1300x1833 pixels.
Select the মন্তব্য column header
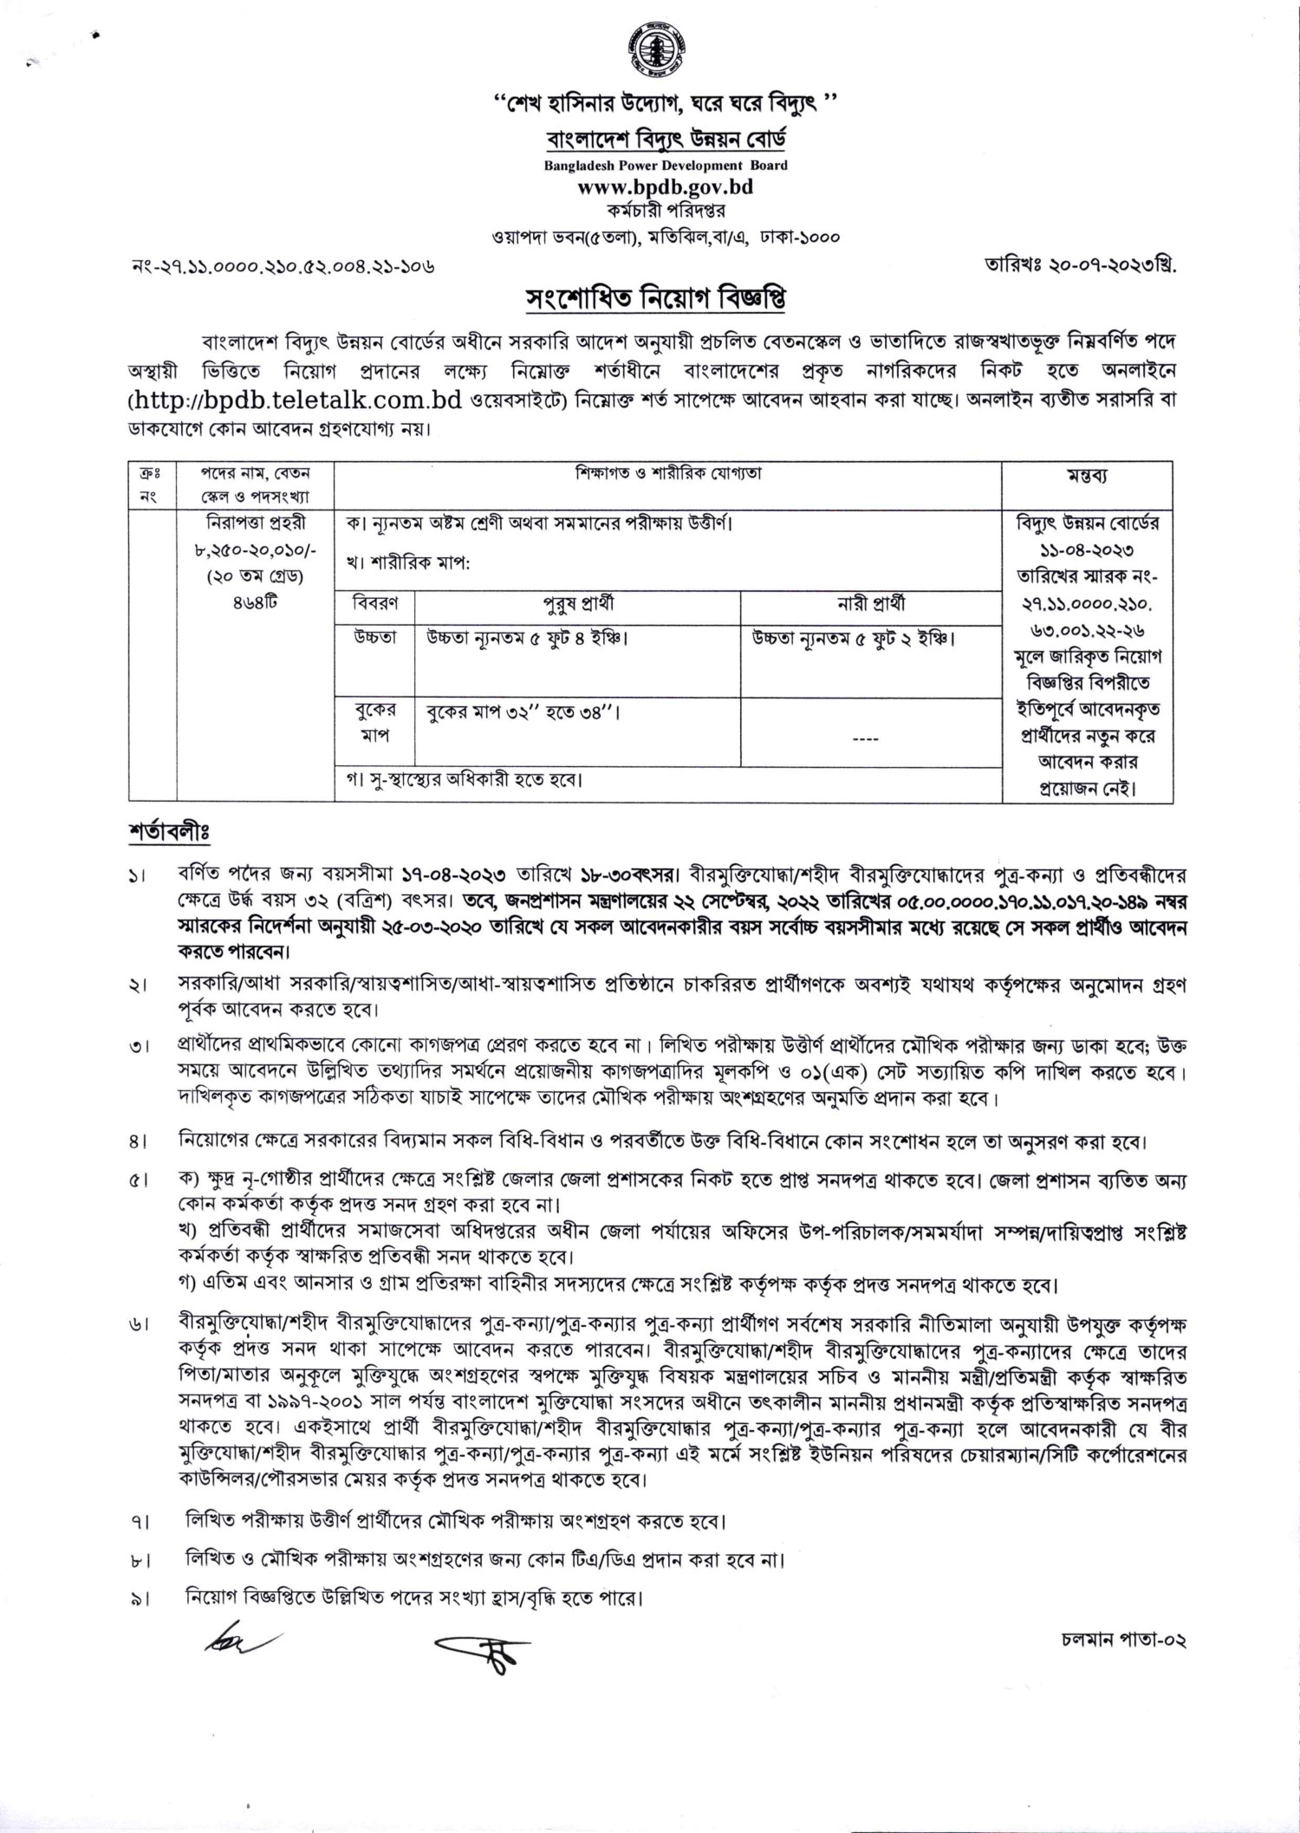pyautogui.click(x=1087, y=477)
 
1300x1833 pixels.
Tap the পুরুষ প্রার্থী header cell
pyautogui.click(x=578, y=604)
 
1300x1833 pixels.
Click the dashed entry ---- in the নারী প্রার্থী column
pyautogui.click(x=867, y=739)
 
